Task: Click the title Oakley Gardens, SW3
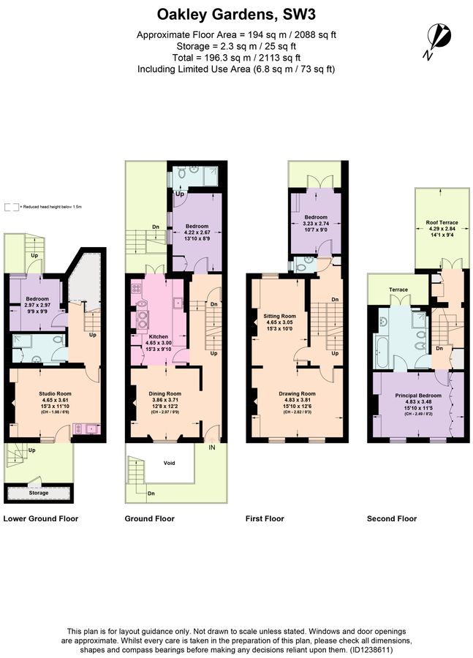tap(236, 14)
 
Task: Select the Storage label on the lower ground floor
tap(39, 493)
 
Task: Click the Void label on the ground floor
tap(169, 463)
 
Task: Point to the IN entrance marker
tap(212, 446)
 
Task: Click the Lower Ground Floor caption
tap(41, 518)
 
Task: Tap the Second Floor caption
tap(392, 518)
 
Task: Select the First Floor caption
tap(265, 518)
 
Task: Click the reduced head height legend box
tap(8, 207)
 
